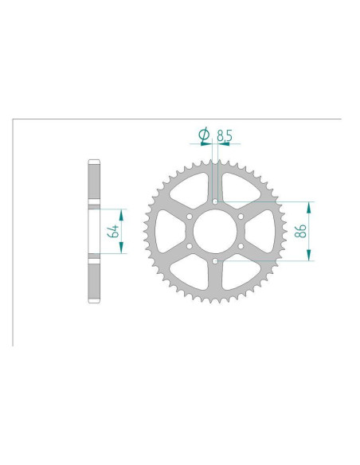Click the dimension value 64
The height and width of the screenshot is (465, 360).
pos(115,232)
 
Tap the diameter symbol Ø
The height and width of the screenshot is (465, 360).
pos(204,137)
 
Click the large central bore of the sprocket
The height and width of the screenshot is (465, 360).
pos(215,231)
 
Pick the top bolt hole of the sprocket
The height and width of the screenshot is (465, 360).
pos(215,201)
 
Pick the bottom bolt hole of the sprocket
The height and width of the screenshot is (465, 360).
pos(215,260)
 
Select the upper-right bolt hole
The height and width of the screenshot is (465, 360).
pos(241,216)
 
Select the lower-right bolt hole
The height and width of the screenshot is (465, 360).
pos(241,246)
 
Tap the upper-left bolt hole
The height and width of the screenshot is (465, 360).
pos(190,216)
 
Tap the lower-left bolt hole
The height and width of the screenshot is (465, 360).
pos(190,246)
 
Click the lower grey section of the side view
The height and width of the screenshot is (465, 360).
pos(94,278)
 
